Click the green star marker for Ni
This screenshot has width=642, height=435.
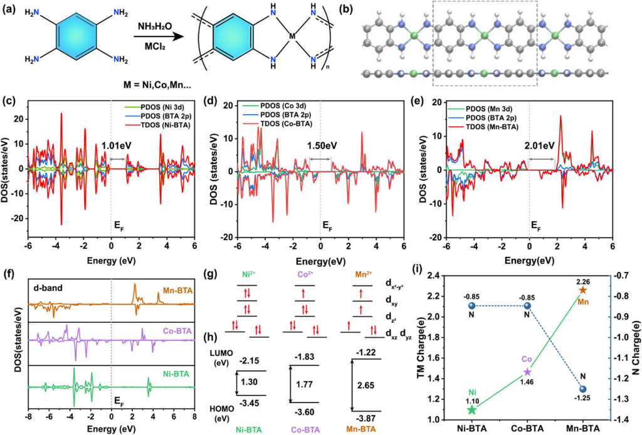click(472, 410)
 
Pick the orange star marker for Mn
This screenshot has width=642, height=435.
click(583, 290)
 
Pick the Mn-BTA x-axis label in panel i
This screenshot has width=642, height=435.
click(583, 427)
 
